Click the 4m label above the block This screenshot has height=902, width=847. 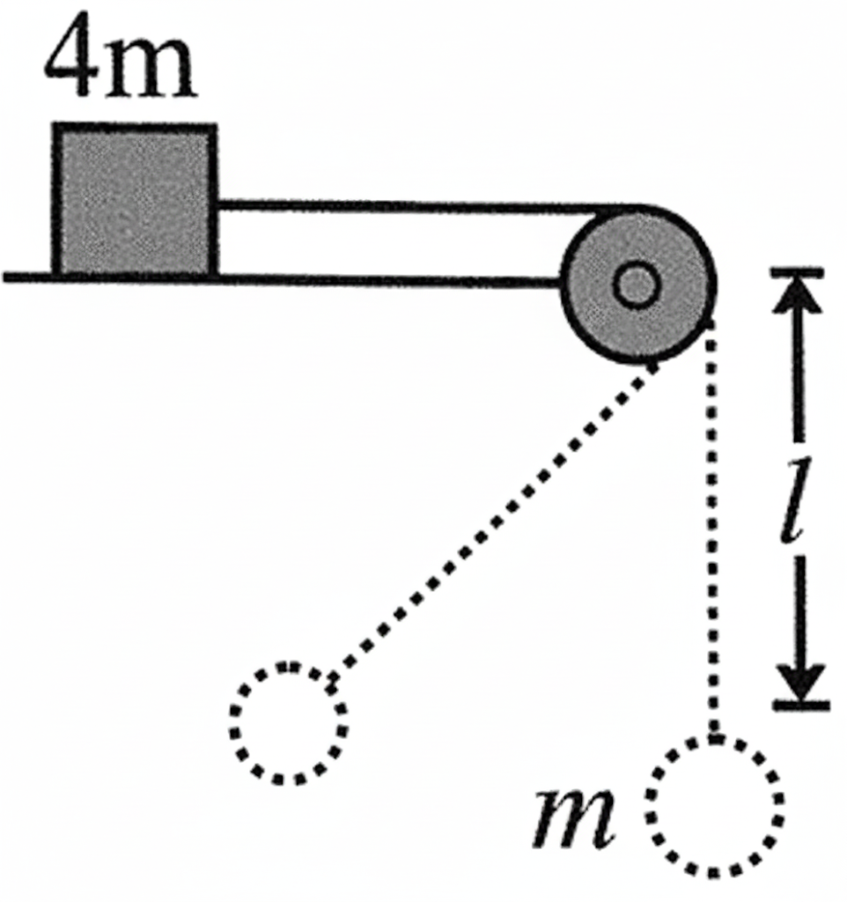tap(121, 59)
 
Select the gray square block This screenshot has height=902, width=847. tap(135, 200)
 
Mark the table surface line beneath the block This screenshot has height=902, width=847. tap(282, 279)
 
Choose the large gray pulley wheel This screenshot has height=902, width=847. tap(638, 285)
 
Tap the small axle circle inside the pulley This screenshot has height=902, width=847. tap(636, 285)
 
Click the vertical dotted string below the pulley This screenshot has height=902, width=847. tap(712, 529)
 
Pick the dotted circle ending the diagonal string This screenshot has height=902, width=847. tap(289, 724)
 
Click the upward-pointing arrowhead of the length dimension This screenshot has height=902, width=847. tap(798, 296)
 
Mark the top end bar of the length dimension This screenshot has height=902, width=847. tap(798, 273)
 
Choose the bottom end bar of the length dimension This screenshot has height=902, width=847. tap(801, 704)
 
